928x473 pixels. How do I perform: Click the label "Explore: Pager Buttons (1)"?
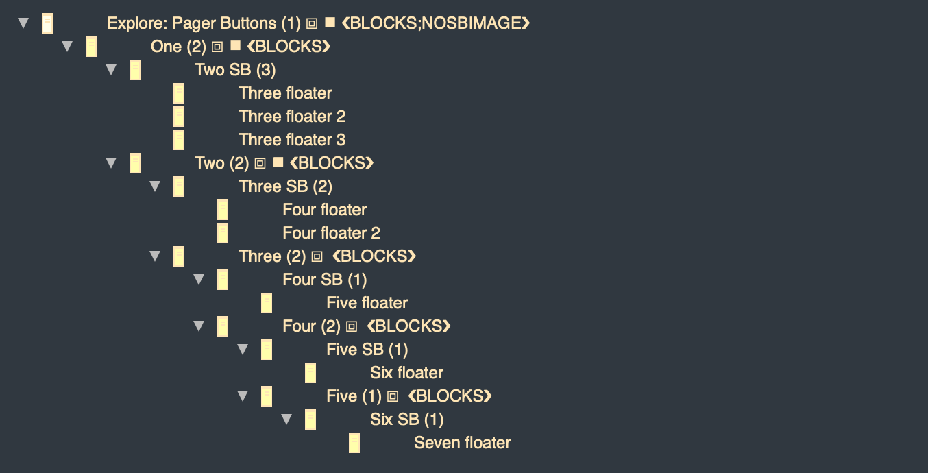click(204, 23)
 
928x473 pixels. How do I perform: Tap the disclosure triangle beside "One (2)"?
click(67, 46)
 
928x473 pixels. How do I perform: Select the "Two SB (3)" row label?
click(235, 70)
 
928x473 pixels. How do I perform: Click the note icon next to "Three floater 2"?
click(179, 117)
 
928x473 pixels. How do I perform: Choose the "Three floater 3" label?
click(292, 140)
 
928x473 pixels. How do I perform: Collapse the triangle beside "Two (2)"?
click(111, 162)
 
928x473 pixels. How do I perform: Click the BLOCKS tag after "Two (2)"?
click(332, 162)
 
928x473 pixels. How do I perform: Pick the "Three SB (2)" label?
click(285, 186)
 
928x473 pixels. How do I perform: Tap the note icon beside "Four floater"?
click(223, 210)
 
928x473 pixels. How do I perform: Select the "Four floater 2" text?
click(331, 233)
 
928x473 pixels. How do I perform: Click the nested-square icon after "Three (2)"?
click(317, 257)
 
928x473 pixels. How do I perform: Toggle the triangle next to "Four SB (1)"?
click(199, 279)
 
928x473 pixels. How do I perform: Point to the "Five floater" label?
click(367, 303)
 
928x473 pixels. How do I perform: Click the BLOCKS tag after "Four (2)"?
click(408, 326)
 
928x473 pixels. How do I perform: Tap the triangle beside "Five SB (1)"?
click(243, 349)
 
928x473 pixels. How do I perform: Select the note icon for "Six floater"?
click(310, 373)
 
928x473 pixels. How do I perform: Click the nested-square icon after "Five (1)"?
click(393, 397)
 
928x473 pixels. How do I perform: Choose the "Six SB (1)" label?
click(406, 420)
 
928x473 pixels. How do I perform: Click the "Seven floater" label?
click(462, 443)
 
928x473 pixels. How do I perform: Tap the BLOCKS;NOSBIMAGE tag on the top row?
click(435, 23)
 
